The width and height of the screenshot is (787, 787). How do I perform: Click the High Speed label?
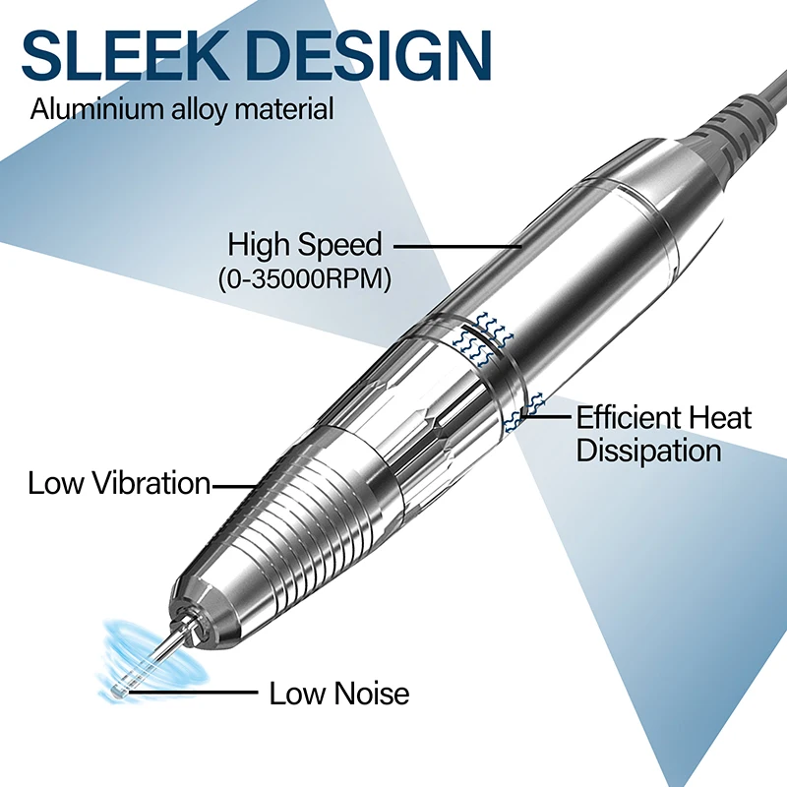tap(304, 244)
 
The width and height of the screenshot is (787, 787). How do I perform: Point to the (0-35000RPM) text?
tap(304, 278)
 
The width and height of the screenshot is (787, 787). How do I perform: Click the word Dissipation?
tap(649, 452)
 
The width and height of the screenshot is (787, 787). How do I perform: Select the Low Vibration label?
tap(119, 483)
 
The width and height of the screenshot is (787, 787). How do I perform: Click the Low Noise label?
tap(339, 694)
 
